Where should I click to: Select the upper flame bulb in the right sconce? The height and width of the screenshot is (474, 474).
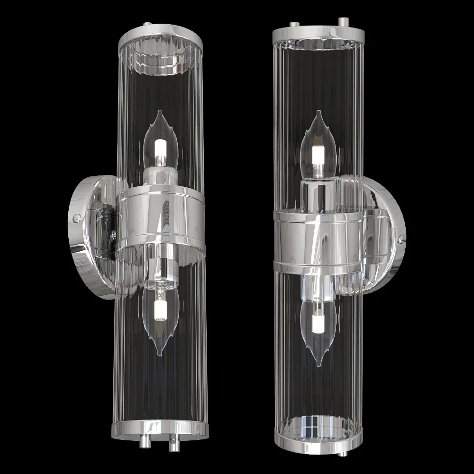point(318,145)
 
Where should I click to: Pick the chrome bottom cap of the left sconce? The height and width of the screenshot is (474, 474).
point(160,429)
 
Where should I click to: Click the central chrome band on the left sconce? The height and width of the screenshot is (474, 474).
point(161,218)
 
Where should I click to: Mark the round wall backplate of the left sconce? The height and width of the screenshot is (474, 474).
point(88,237)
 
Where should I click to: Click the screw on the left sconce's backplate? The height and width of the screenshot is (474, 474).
point(75,218)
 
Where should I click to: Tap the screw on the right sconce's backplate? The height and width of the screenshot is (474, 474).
point(402,240)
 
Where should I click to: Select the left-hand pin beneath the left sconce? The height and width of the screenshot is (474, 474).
point(143,443)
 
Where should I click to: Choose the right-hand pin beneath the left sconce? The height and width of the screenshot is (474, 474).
point(174,444)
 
